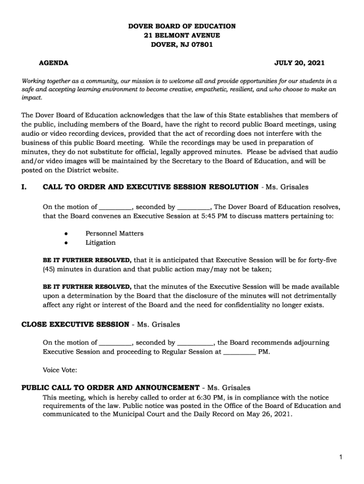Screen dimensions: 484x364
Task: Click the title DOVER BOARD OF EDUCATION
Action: (x=182, y=26)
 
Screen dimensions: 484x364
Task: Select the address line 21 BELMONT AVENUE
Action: (x=182, y=35)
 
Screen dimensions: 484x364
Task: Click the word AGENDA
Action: (x=53, y=63)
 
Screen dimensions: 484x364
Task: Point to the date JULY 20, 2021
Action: (x=299, y=63)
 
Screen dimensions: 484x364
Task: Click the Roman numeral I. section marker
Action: (x=25, y=187)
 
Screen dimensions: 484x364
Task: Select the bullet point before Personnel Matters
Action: (x=66, y=233)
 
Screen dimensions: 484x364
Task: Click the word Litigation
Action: (x=100, y=242)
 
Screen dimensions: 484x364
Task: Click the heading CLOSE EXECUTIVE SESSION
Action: (x=75, y=324)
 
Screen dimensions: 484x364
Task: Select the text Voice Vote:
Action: (x=60, y=370)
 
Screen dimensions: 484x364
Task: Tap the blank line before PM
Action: (x=239, y=352)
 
